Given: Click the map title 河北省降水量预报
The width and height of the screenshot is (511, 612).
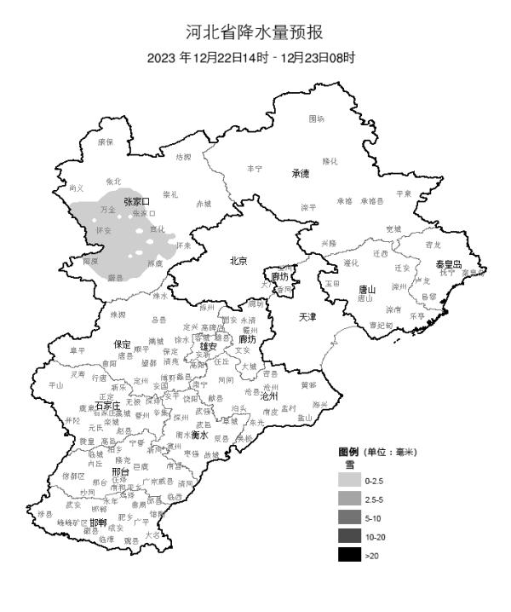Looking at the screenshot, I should (255, 32).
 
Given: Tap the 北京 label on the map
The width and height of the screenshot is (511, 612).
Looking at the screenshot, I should (238, 262).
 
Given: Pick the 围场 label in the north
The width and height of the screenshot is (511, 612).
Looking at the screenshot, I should (316, 118).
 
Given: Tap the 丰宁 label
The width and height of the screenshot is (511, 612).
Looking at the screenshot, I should (255, 169).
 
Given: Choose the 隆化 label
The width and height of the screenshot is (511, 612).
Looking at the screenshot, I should (330, 161).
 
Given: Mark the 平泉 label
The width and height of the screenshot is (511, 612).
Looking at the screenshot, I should (403, 193).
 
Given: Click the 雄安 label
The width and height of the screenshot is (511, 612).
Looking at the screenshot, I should (209, 347).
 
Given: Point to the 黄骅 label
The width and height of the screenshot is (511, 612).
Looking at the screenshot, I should (307, 384).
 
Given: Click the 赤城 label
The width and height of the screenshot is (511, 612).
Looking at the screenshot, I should (204, 204).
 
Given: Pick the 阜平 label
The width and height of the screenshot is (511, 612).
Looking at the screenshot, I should (78, 349).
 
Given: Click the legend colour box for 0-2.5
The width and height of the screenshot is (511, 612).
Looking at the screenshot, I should (348, 482).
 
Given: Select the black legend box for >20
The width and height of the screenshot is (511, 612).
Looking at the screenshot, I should (348, 556).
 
